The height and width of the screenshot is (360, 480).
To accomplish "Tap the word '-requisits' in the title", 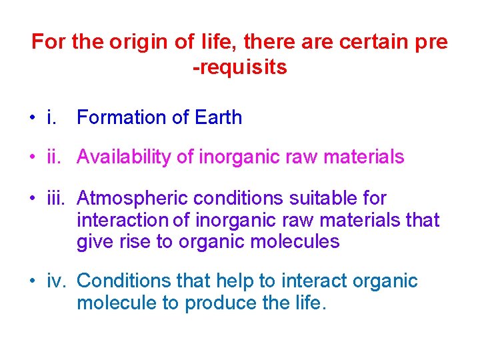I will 240,67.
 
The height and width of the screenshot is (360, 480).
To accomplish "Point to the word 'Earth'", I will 219,118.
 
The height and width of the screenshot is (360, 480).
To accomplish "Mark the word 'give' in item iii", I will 91,241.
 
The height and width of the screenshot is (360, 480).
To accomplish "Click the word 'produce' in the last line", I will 221,303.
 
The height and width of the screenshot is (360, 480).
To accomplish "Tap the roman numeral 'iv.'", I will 57,281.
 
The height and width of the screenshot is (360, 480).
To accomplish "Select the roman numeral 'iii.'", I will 57,198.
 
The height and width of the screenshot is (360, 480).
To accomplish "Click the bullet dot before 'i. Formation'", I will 32,119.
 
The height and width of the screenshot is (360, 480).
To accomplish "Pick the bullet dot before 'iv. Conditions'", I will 32,282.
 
